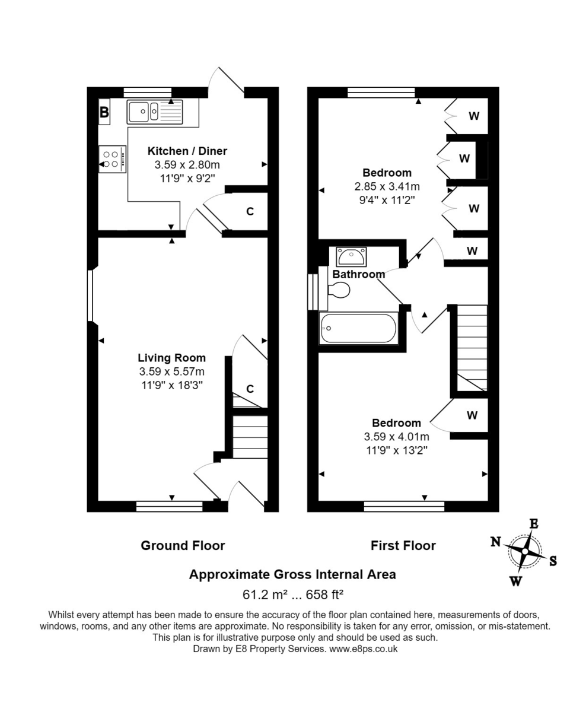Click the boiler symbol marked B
[104, 112]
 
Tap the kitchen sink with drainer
[156, 112]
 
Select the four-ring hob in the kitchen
[112, 159]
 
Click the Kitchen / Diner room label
[187, 151]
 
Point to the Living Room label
[171, 358]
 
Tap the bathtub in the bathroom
[358, 328]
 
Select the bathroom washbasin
[351, 257]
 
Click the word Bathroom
[358, 274]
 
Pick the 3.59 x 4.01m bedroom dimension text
[396, 437]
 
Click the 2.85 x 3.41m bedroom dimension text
[387, 187]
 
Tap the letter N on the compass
[495, 541]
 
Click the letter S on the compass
[553, 561]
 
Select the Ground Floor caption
[183, 545]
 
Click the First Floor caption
[403, 545]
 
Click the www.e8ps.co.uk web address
[363, 649]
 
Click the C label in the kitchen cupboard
[250, 211]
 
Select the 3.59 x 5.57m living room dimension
[171, 372]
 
